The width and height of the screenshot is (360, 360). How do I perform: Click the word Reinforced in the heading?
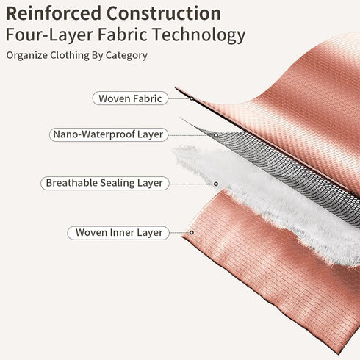coord(54,13)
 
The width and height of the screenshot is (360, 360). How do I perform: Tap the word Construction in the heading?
coord(164,13)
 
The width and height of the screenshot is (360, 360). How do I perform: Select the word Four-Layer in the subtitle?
coord(49,35)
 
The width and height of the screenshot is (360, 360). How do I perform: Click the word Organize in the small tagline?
coord(27,56)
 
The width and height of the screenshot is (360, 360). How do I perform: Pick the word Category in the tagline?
coord(126,56)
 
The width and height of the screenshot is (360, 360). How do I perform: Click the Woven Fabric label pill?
coord(130,98)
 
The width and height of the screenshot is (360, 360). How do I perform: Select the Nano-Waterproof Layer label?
coord(109,134)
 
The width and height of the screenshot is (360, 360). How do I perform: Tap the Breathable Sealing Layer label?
coord(105,183)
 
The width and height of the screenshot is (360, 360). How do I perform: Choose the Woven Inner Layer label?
coord(118,233)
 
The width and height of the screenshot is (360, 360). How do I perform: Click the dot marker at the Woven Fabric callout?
coord(192,98)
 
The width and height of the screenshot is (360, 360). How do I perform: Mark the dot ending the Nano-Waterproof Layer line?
coord(216,135)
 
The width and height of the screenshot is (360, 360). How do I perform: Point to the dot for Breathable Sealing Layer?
coord(216,184)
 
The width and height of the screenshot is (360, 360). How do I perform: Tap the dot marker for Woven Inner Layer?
coord(192,232)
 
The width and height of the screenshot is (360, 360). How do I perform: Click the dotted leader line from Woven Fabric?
coord(179,98)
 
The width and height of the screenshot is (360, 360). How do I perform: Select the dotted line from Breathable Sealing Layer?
coord(192,184)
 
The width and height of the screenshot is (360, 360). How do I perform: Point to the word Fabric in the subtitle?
coord(123,35)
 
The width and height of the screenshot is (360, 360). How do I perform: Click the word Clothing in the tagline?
coord(70,56)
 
